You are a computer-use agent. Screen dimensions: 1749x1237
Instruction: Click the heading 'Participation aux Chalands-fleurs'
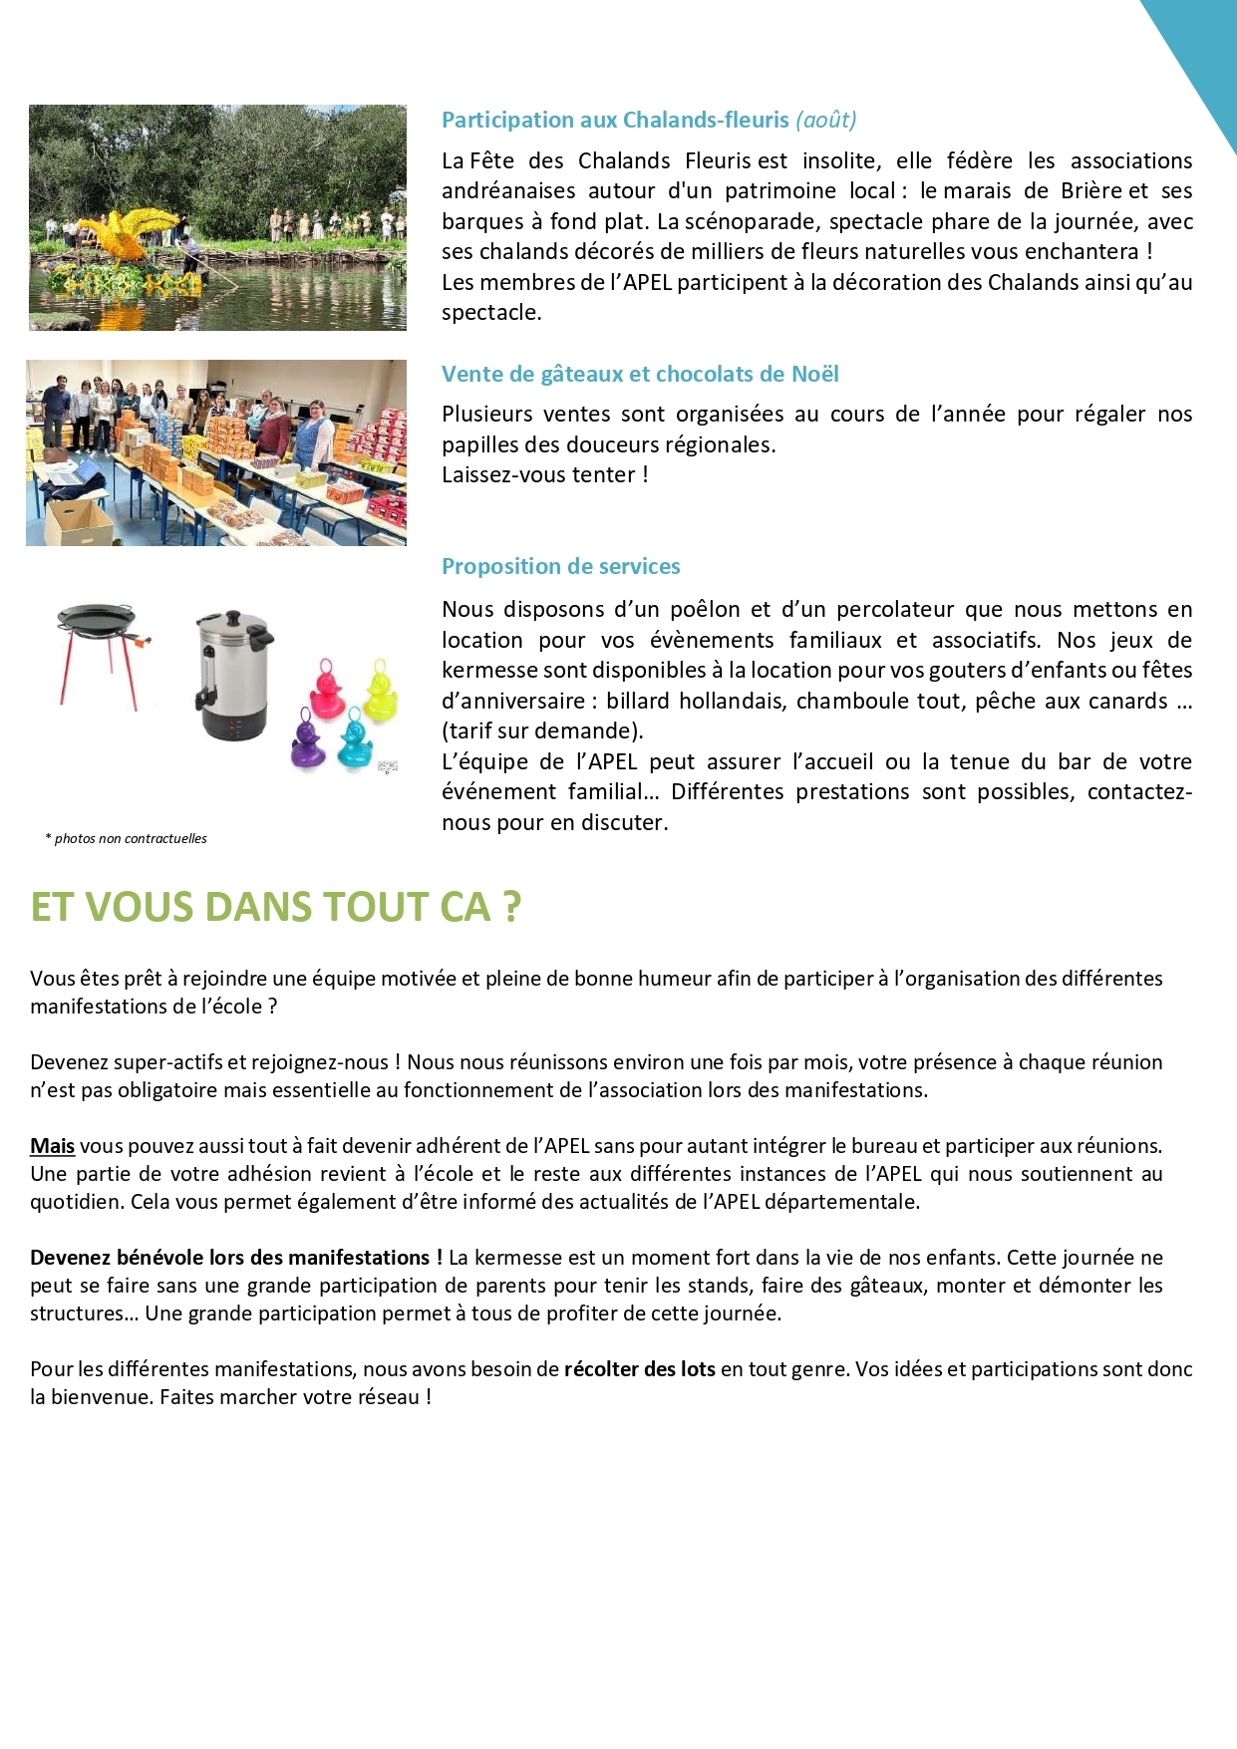click(615, 121)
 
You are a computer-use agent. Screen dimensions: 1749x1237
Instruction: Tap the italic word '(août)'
click(826, 121)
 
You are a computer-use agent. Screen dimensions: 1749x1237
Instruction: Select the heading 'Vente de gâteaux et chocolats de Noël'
click(640, 375)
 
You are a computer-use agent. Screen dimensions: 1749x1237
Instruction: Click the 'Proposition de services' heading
click(560, 567)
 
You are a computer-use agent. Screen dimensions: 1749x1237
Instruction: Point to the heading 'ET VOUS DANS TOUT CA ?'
click(275, 908)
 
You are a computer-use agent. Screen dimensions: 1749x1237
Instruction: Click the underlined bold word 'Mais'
click(53, 1146)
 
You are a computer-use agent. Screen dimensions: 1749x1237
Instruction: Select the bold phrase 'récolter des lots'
click(639, 1369)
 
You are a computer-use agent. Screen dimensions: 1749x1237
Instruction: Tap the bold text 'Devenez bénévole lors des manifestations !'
click(236, 1258)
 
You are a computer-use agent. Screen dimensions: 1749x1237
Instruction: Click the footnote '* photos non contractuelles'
click(127, 839)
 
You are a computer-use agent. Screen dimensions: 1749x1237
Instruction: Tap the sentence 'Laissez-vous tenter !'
click(544, 475)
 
